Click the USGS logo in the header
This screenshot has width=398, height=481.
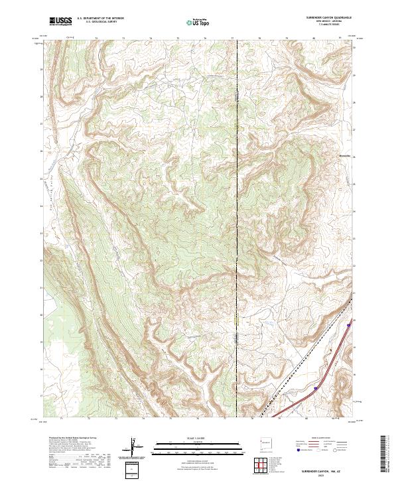click(x=60, y=21)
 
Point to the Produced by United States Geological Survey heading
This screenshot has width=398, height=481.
click(x=70, y=439)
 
